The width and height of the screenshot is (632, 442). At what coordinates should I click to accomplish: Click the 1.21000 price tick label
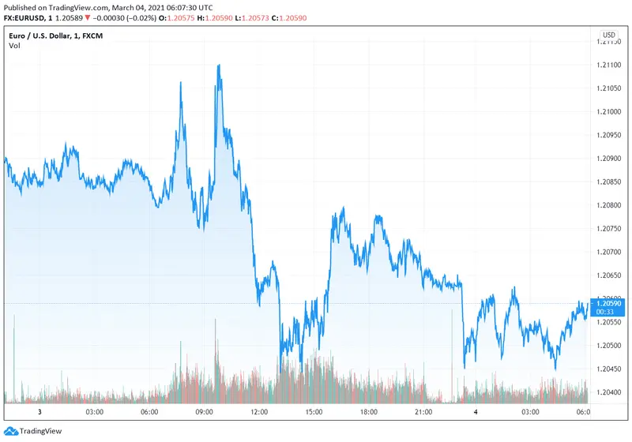(x=609, y=111)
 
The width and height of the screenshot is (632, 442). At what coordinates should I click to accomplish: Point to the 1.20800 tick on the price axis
(x=609, y=205)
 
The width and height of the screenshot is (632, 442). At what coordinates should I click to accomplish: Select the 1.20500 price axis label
(x=609, y=346)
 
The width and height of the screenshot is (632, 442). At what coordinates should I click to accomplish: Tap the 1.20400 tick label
(x=609, y=392)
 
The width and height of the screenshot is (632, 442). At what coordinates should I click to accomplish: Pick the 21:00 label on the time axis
(x=423, y=412)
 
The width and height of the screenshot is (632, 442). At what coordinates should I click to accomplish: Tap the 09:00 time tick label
(x=204, y=412)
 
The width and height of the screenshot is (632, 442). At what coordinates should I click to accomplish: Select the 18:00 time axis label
(x=368, y=412)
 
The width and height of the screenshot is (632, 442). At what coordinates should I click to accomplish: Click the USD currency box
(x=609, y=35)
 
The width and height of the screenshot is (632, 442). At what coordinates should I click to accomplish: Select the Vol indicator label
(x=14, y=46)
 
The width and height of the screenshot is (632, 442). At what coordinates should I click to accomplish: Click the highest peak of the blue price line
(x=218, y=66)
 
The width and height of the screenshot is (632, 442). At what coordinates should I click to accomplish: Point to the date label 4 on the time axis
(x=476, y=412)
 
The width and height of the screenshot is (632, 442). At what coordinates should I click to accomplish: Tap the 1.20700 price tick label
(x=609, y=252)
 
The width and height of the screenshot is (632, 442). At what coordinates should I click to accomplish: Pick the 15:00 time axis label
(x=314, y=412)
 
